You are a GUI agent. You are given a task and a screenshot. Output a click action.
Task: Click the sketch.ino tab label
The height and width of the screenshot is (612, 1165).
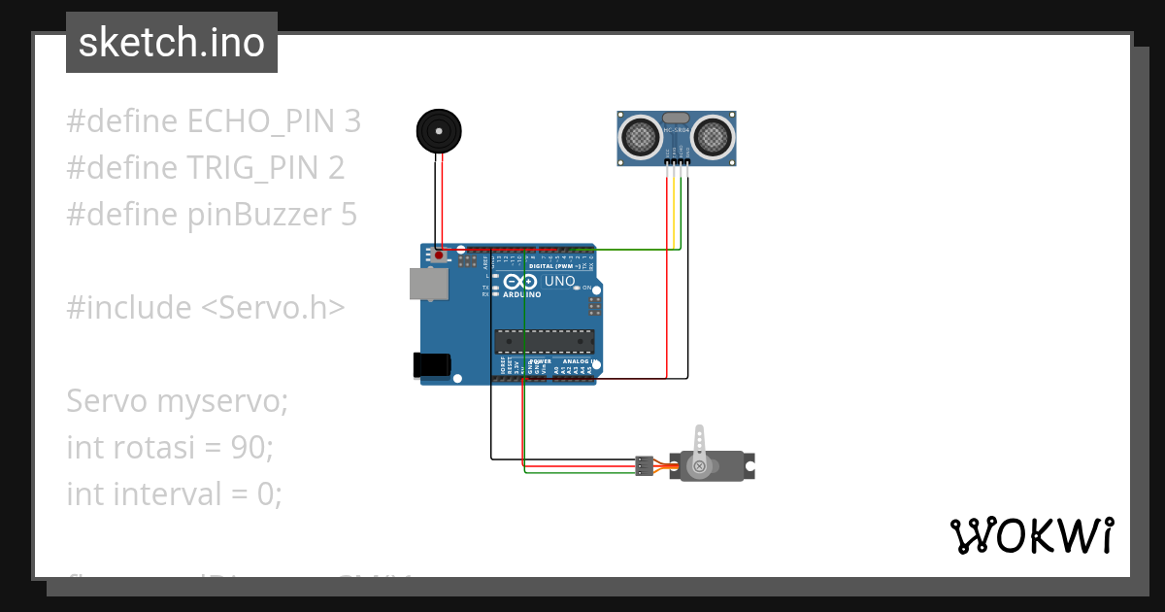pos(171,43)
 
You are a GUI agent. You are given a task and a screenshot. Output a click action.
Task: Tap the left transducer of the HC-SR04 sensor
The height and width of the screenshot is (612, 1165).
pos(640,136)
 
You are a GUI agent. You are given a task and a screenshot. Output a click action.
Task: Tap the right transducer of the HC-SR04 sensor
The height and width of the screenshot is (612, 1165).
pos(712,136)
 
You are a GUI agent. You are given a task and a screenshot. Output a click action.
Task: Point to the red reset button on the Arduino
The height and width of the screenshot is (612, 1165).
pos(439,255)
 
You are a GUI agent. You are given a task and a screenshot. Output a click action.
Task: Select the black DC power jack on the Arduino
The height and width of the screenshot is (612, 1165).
pos(432,364)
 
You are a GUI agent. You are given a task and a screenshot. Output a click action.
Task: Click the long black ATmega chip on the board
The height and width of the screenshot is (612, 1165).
pos(544,340)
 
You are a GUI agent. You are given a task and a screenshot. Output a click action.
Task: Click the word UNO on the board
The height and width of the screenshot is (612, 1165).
pos(559,282)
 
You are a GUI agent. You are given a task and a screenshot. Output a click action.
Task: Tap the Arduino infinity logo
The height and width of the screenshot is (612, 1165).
pos(521,282)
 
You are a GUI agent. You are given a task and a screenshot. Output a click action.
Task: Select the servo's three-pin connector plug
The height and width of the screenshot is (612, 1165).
pos(643,465)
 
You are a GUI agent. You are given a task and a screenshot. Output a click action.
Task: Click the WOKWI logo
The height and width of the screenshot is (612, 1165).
pos(1031,535)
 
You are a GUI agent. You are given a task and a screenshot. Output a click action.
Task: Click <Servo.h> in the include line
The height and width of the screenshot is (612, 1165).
pos(272,308)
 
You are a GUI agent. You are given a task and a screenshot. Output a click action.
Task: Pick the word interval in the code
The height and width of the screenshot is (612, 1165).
pos(166,494)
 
